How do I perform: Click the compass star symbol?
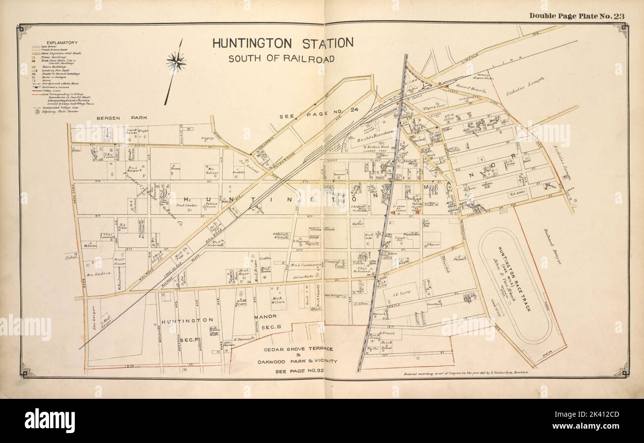176,62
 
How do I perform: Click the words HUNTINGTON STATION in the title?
283,43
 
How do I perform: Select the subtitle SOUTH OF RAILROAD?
281,59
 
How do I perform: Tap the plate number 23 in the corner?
618,15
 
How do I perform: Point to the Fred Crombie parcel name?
184,205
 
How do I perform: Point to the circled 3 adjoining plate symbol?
37,111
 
